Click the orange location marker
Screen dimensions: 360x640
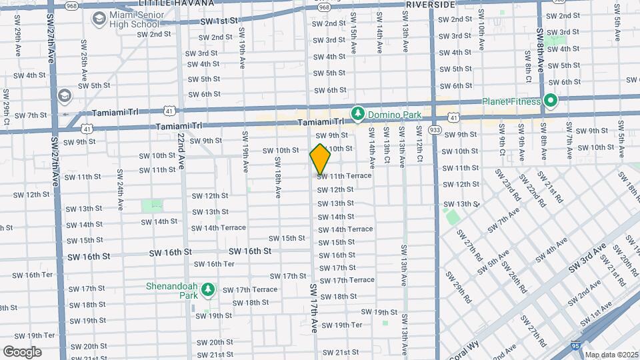coord(321,159)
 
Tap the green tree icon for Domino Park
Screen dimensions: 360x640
coord(358,114)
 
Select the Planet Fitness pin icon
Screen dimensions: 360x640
coord(550,101)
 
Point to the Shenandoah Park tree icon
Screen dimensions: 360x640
coord(208,289)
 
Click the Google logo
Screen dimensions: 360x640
coord(22,351)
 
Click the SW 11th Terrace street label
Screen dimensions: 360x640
coord(344,176)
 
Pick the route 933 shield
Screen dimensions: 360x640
coord(435,129)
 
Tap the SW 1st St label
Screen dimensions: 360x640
coord(219,21)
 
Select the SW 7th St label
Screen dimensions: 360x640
coord(28,115)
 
